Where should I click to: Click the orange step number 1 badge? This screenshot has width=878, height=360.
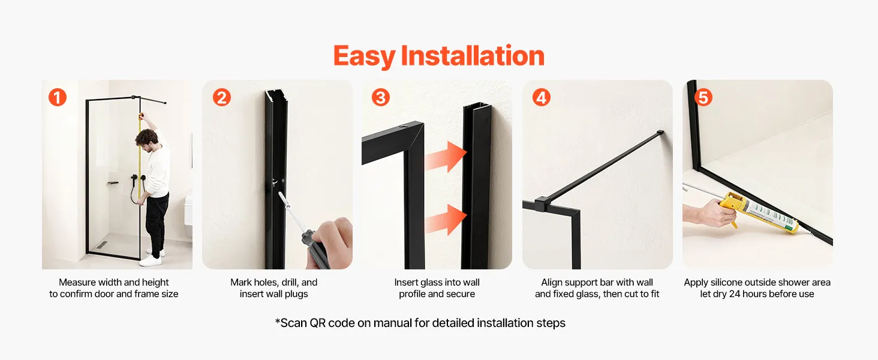pyautogui.click(x=58, y=97)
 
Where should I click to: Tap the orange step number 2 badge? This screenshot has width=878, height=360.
pyautogui.click(x=222, y=97)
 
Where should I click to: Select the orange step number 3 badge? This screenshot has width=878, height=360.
pyautogui.click(x=381, y=97)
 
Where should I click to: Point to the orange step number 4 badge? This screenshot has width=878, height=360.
pyautogui.click(x=542, y=97)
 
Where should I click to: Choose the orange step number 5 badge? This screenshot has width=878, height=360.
pyautogui.click(x=703, y=97)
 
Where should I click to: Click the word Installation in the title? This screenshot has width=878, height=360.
pyautogui.click(x=473, y=56)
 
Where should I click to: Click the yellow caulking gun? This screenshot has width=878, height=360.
pyautogui.click(x=759, y=212)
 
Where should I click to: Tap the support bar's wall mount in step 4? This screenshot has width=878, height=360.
pyautogui.click(x=660, y=133)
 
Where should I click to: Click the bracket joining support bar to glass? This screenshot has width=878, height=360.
pyautogui.click(x=540, y=204)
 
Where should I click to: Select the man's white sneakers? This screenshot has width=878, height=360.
pyautogui.click(x=152, y=257)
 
